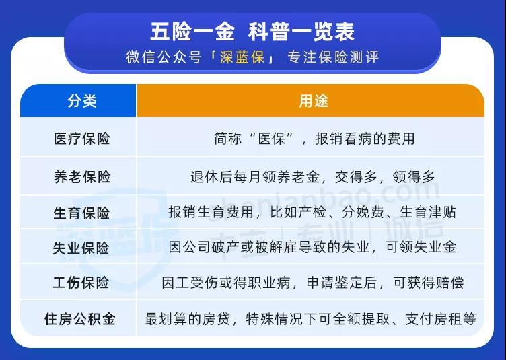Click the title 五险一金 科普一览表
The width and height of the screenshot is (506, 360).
(x=252, y=32)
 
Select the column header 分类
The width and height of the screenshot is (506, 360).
(x=82, y=101)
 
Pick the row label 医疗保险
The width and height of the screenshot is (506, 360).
(x=82, y=139)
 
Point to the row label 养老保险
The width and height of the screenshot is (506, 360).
(x=82, y=177)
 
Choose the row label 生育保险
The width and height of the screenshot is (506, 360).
(x=82, y=213)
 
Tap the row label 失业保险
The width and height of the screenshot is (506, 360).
(x=82, y=248)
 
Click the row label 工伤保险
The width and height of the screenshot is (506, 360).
(x=82, y=283)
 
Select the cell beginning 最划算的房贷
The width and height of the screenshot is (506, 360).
(x=311, y=318)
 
